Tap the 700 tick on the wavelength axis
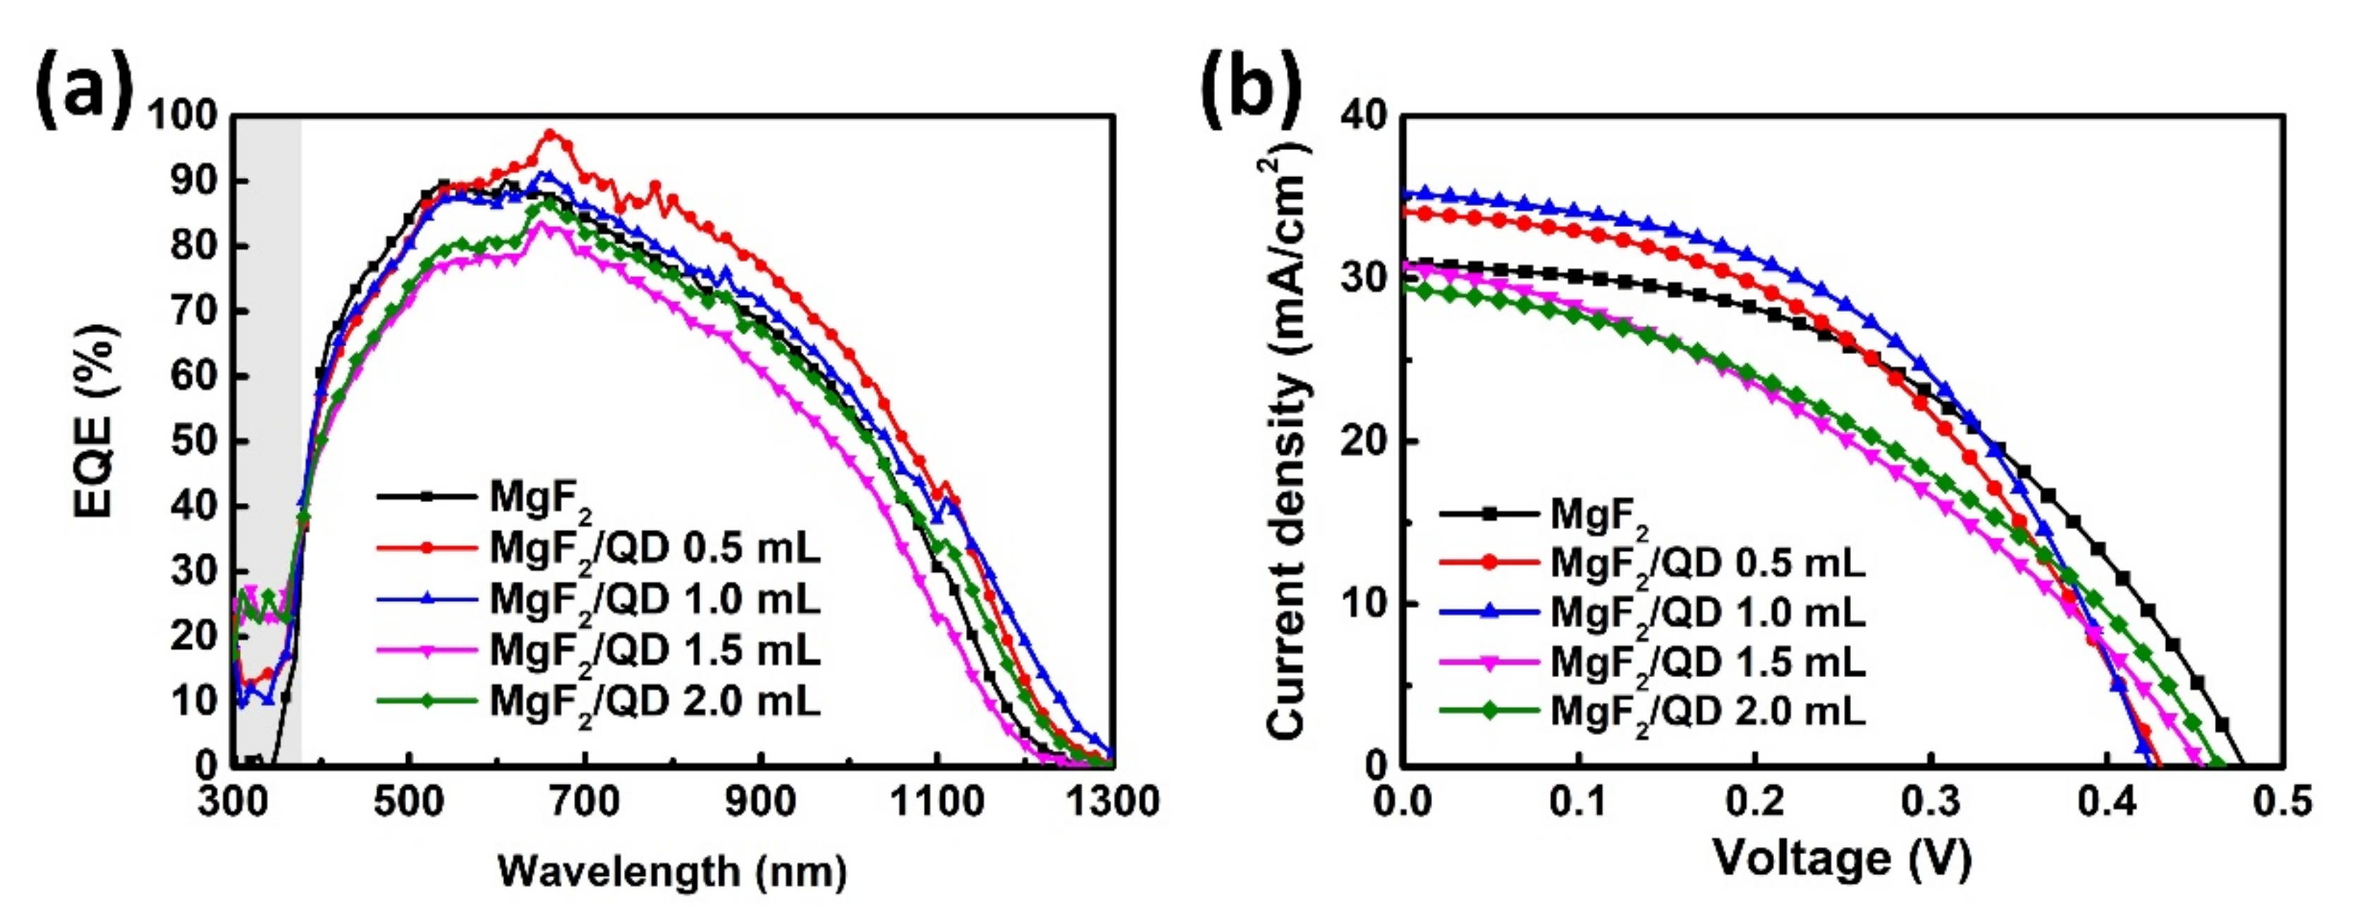pyautogui.click(x=584, y=803)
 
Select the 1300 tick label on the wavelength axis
pyautogui.click(x=1112, y=803)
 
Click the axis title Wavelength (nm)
pyautogui.click(x=672, y=870)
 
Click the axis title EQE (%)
pyautogui.click(x=95, y=420)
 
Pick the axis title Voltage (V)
pyautogui.click(x=1842, y=858)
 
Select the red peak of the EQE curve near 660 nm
pyautogui.click(x=549, y=135)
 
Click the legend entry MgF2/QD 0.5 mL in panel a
pyautogui.click(x=654, y=548)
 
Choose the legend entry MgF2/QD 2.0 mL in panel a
pyautogui.click(x=654, y=701)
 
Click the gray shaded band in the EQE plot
pyautogui.click(x=268, y=366)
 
